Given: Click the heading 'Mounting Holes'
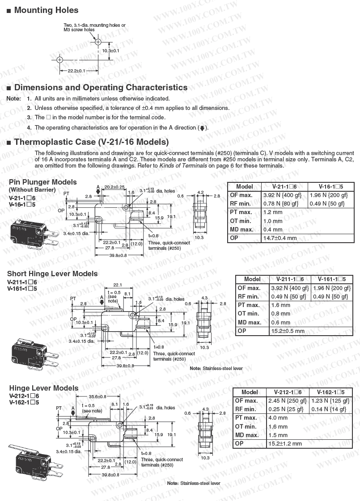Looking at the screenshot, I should point(46,10).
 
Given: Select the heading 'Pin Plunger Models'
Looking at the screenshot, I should point(42,182).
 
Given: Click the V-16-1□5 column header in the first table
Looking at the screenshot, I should point(330,186).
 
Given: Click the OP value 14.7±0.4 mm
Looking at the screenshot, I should point(280,238).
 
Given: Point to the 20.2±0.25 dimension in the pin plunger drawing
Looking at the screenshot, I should point(114,187).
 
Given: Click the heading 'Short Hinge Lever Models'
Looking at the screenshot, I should point(52,274).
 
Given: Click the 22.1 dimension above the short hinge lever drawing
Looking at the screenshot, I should point(118,285).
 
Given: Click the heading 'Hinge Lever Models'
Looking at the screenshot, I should point(43,388).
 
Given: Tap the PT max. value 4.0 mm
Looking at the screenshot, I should point(278,418).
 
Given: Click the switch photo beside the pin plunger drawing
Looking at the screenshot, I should point(33,233).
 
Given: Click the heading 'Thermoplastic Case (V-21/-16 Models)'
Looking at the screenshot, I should point(91,142).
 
